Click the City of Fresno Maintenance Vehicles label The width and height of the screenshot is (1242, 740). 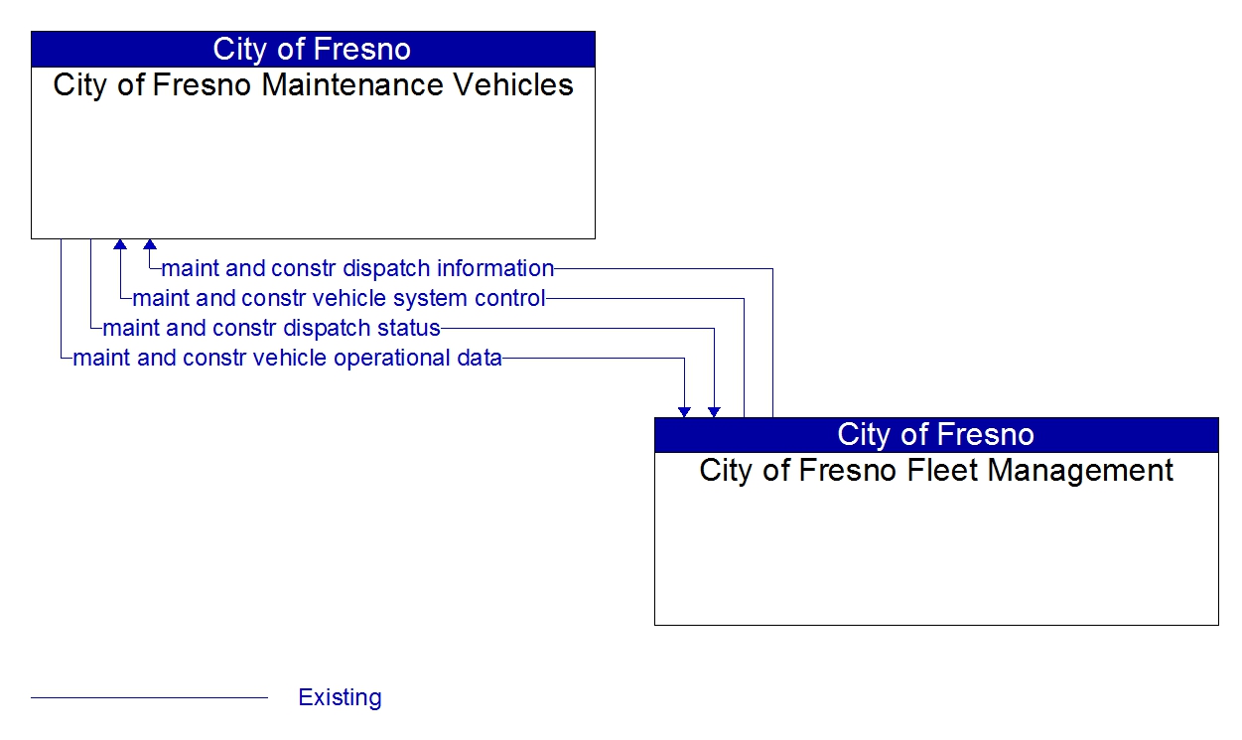pos(314,85)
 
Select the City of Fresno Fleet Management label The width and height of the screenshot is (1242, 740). pos(936,471)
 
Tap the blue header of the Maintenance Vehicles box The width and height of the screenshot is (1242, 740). pos(314,50)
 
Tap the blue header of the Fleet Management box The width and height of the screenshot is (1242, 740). pos(936,435)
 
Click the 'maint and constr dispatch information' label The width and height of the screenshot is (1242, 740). pos(357,268)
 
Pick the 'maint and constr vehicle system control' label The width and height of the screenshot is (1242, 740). pos(339,298)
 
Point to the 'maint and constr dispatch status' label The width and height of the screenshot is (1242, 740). pos(272,329)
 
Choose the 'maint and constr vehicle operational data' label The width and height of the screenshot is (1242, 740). pos(287,359)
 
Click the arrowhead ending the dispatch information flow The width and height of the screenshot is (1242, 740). pos(150,244)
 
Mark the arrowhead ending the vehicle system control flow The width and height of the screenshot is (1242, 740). pos(120,244)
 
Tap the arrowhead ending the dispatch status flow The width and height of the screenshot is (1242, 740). pos(714,411)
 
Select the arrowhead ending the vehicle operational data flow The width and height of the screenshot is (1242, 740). pos(684,411)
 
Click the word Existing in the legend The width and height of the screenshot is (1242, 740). pos(340,697)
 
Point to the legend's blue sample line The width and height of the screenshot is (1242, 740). pos(149,698)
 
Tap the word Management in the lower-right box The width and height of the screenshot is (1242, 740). pos(1080,471)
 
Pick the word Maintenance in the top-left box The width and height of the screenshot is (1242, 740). pos(352,85)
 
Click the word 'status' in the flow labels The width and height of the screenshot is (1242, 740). pos(409,329)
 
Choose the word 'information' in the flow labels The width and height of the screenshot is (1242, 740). pos(495,268)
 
